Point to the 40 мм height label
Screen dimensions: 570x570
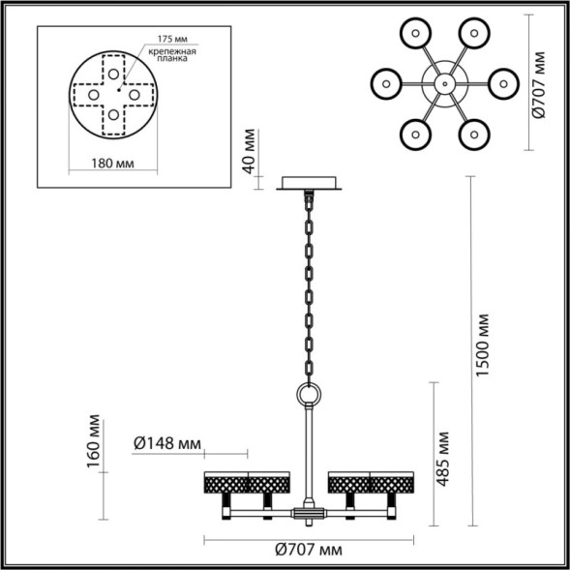click(x=250, y=151)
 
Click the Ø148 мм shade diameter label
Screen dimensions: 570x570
click(x=166, y=444)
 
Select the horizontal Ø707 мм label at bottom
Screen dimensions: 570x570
click(x=309, y=551)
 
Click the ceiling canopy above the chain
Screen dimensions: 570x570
click(x=310, y=184)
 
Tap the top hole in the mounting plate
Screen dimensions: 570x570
click(x=114, y=72)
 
